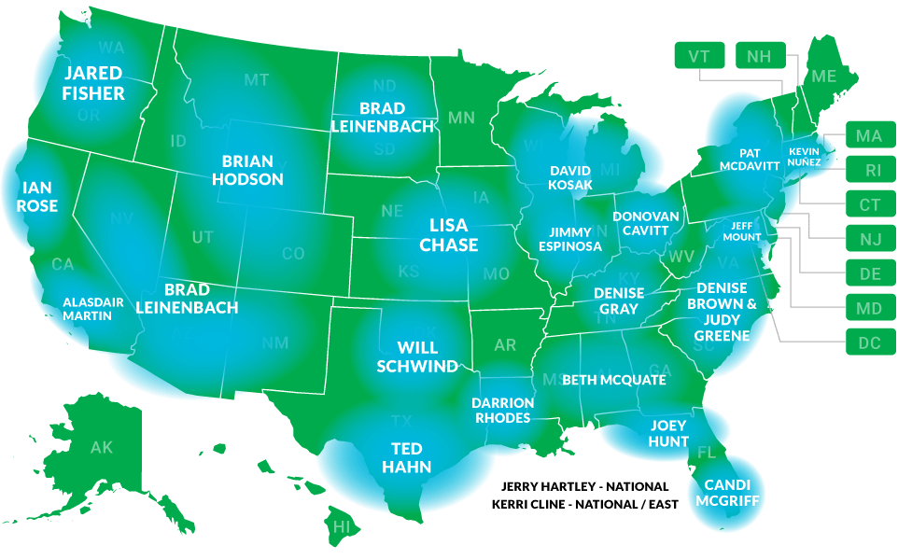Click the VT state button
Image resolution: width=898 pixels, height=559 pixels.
click(x=699, y=56)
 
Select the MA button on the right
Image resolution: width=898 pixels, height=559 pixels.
click(x=869, y=136)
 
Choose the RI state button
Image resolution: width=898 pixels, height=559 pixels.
click(x=869, y=170)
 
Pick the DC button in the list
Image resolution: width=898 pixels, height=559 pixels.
click(x=869, y=343)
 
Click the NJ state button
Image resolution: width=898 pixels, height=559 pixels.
click(x=869, y=239)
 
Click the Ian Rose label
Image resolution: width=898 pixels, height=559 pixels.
click(x=36, y=198)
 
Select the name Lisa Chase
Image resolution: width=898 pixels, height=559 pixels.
click(x=448, y=235)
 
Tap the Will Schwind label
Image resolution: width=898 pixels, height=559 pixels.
click(x=417, y=356)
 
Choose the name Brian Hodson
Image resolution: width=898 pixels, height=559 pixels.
click(x=247, y=169)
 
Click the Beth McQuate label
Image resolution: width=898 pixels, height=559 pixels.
click(x=614, y=380)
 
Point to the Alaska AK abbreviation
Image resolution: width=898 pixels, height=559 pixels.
click(x=101, y=448)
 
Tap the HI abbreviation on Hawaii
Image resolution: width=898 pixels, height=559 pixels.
click(x=342, y=527)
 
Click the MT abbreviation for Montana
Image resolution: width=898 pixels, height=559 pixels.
click(x=257, y=80)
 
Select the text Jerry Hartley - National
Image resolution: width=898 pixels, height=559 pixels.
click(x=585, y=486)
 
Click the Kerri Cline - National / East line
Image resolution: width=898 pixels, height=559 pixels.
click(x=585, y=505)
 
